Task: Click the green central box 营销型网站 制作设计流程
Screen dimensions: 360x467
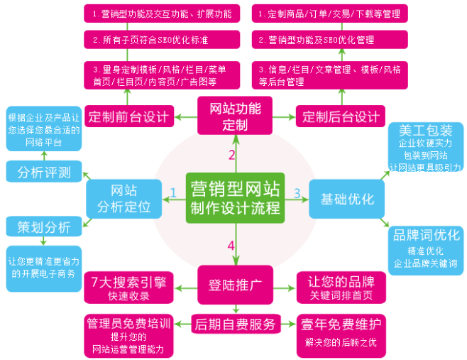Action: coord(234,200)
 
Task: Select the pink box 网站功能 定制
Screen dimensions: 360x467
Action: coord(235,117)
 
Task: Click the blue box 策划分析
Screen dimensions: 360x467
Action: coord(43,227)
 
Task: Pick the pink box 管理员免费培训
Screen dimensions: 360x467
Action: coord(128,334)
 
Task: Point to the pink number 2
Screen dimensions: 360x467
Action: coord(231,154)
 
